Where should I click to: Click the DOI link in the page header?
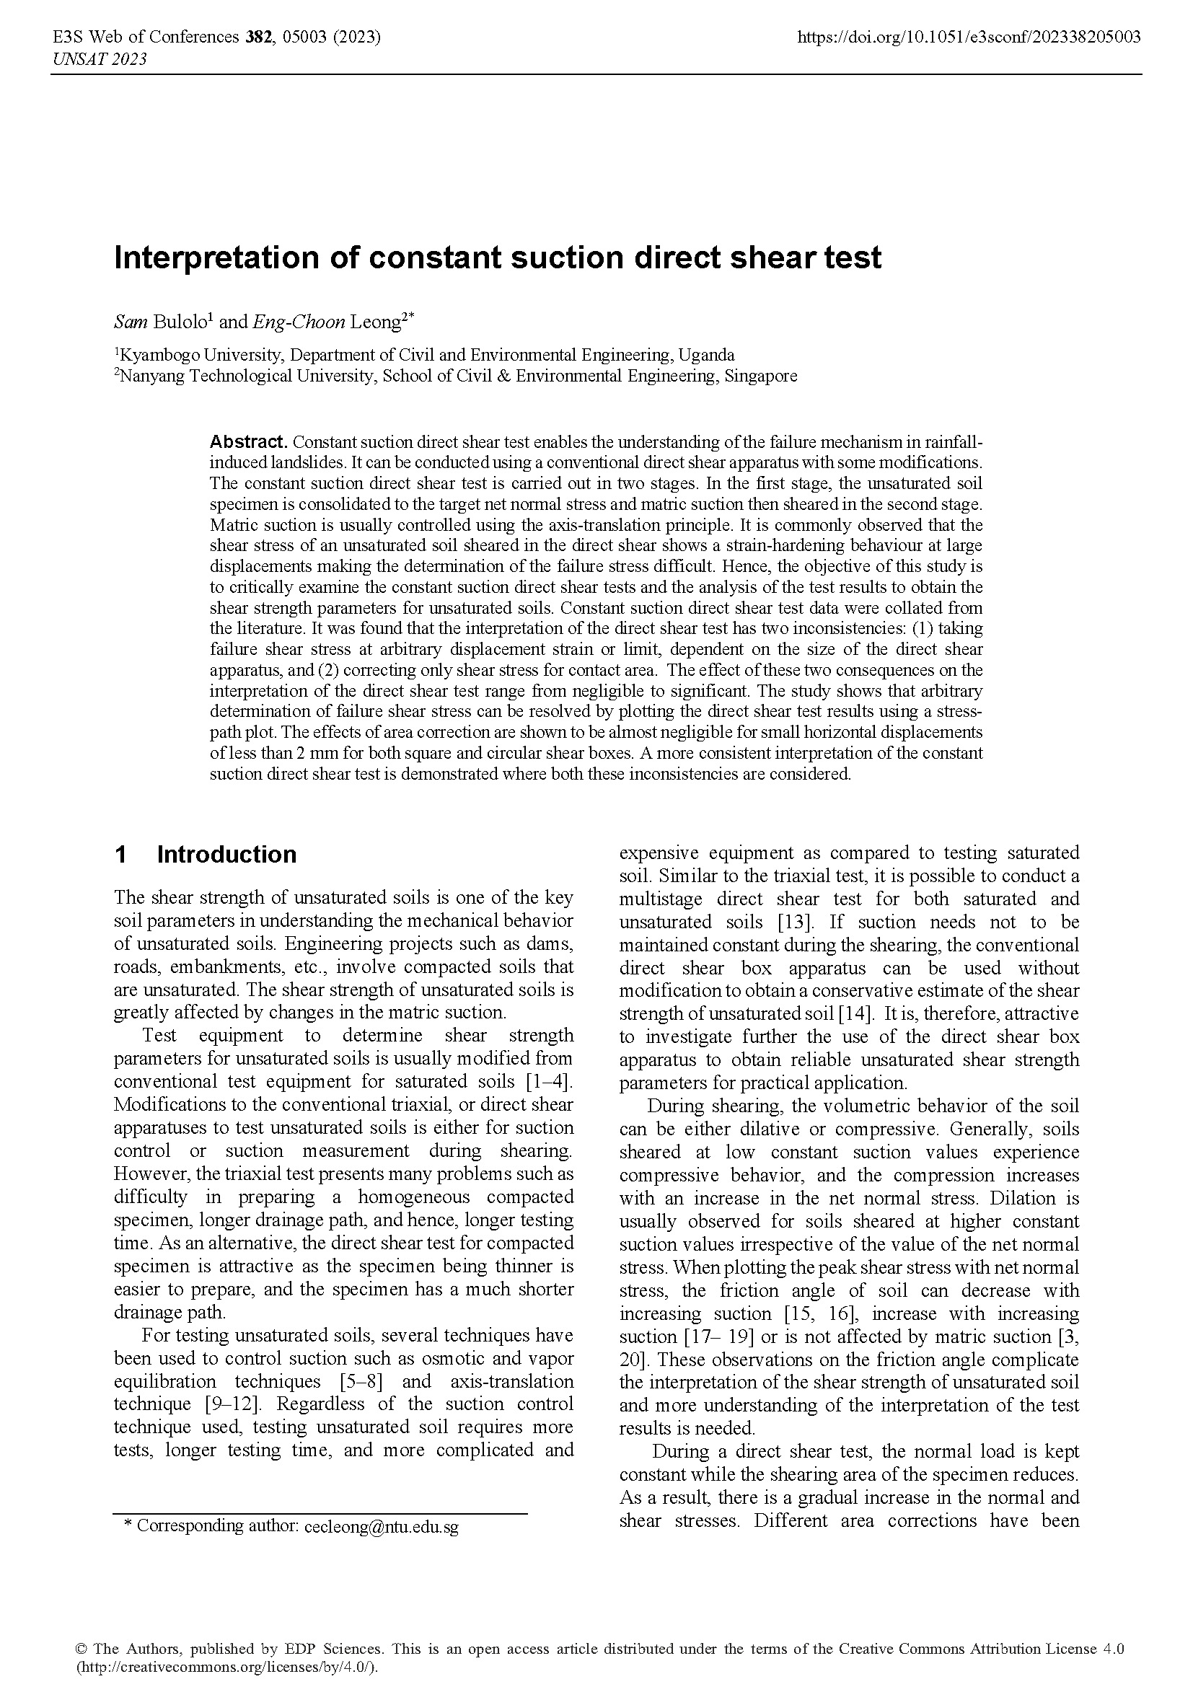pos(969,37)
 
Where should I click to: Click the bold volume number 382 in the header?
pos(257,37)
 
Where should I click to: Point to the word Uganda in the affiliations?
pos(706,356)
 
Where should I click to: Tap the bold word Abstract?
pos(247,442)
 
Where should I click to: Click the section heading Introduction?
pos(226,855)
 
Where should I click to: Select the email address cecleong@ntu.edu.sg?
pos(379,1527)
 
